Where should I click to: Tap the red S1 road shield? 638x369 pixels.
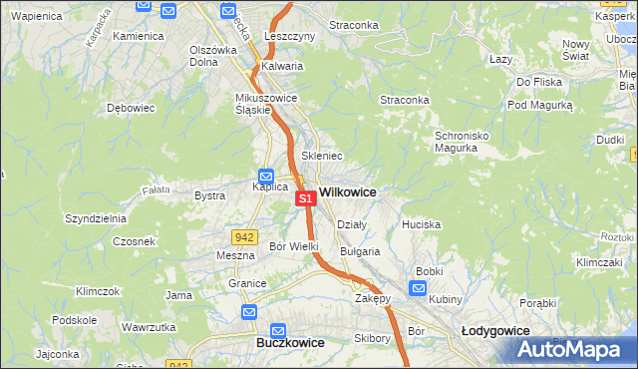[306, 198]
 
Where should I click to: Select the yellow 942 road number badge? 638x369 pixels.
[244, 236]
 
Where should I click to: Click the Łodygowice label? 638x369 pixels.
[495, 329]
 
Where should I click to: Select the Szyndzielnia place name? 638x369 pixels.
[95, 218]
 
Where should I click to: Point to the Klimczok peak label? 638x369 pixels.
[98, 291]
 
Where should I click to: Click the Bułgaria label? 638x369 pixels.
[360, 251]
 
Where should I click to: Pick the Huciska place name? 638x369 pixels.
[421, 224]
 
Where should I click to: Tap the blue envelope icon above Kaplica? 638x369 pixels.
[266, 175]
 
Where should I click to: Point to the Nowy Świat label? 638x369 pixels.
[576, 50]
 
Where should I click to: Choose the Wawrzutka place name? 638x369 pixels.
[149, 326]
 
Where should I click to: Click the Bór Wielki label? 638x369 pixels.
[294, 245]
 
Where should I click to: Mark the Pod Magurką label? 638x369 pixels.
[540, 105]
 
